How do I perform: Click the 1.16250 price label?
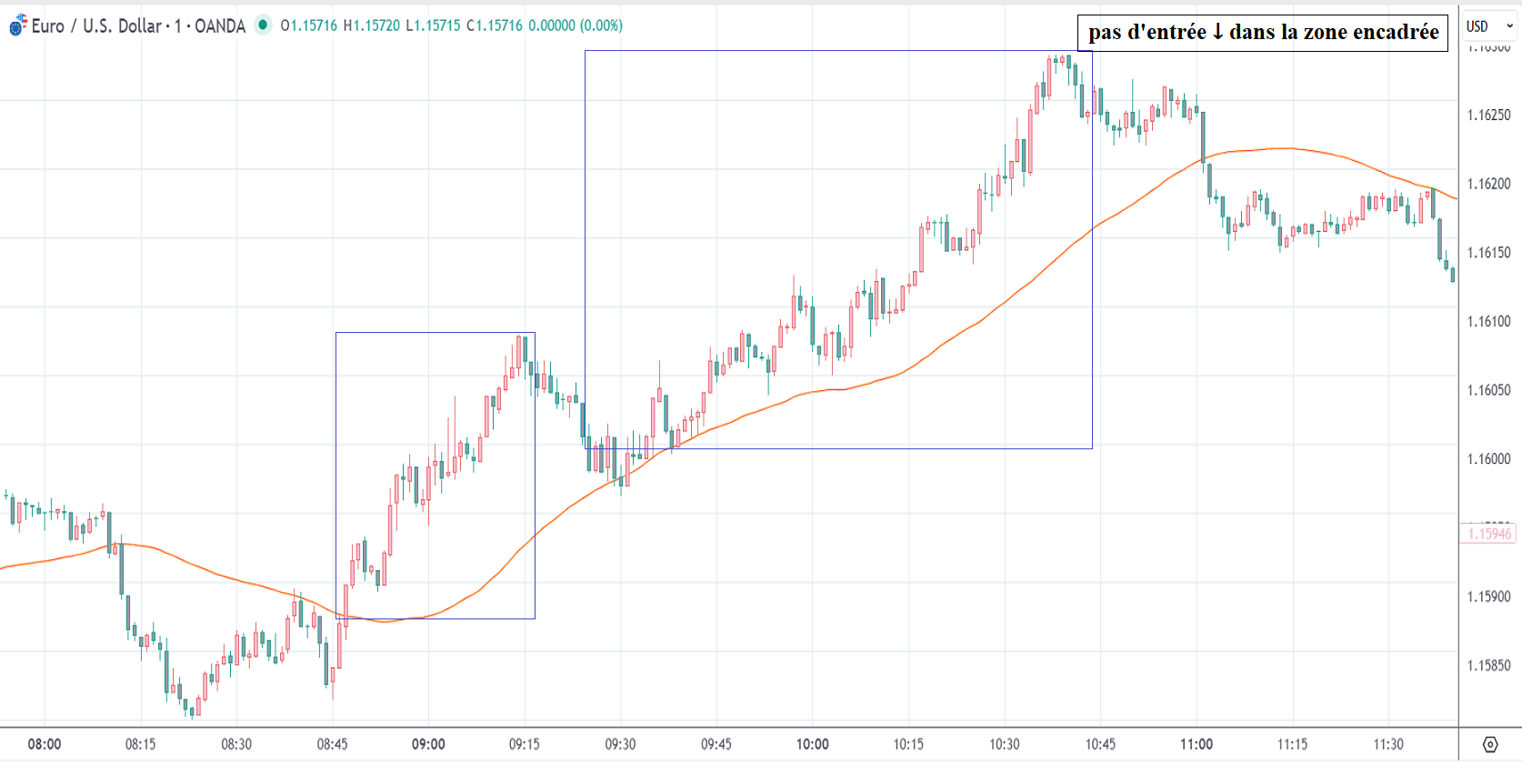pos(1488,116)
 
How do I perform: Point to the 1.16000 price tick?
pos(1488,459)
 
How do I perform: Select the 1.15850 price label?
pos(1488,666)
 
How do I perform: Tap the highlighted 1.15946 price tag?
pos(1488,534)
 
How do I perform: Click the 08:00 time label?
pos(45,744)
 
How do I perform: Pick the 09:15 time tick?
pos(525,744)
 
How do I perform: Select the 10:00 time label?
pos(813,744)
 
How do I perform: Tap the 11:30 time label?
pos(1388,744)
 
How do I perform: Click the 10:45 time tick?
pos(1100,744)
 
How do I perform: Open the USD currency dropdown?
pos(1489,26)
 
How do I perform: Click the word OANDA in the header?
pos(220,26)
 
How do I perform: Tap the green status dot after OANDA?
pos(263,25)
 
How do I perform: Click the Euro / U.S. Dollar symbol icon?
pos(17,25)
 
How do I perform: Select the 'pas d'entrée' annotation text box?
pos(1263,33)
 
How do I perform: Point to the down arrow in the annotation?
pos(1217,33)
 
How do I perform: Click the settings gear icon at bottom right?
pos(1490,745)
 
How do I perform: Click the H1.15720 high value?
pos(371,25)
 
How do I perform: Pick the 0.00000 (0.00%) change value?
pos(576,25)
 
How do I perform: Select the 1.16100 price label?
pos(1488,322)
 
